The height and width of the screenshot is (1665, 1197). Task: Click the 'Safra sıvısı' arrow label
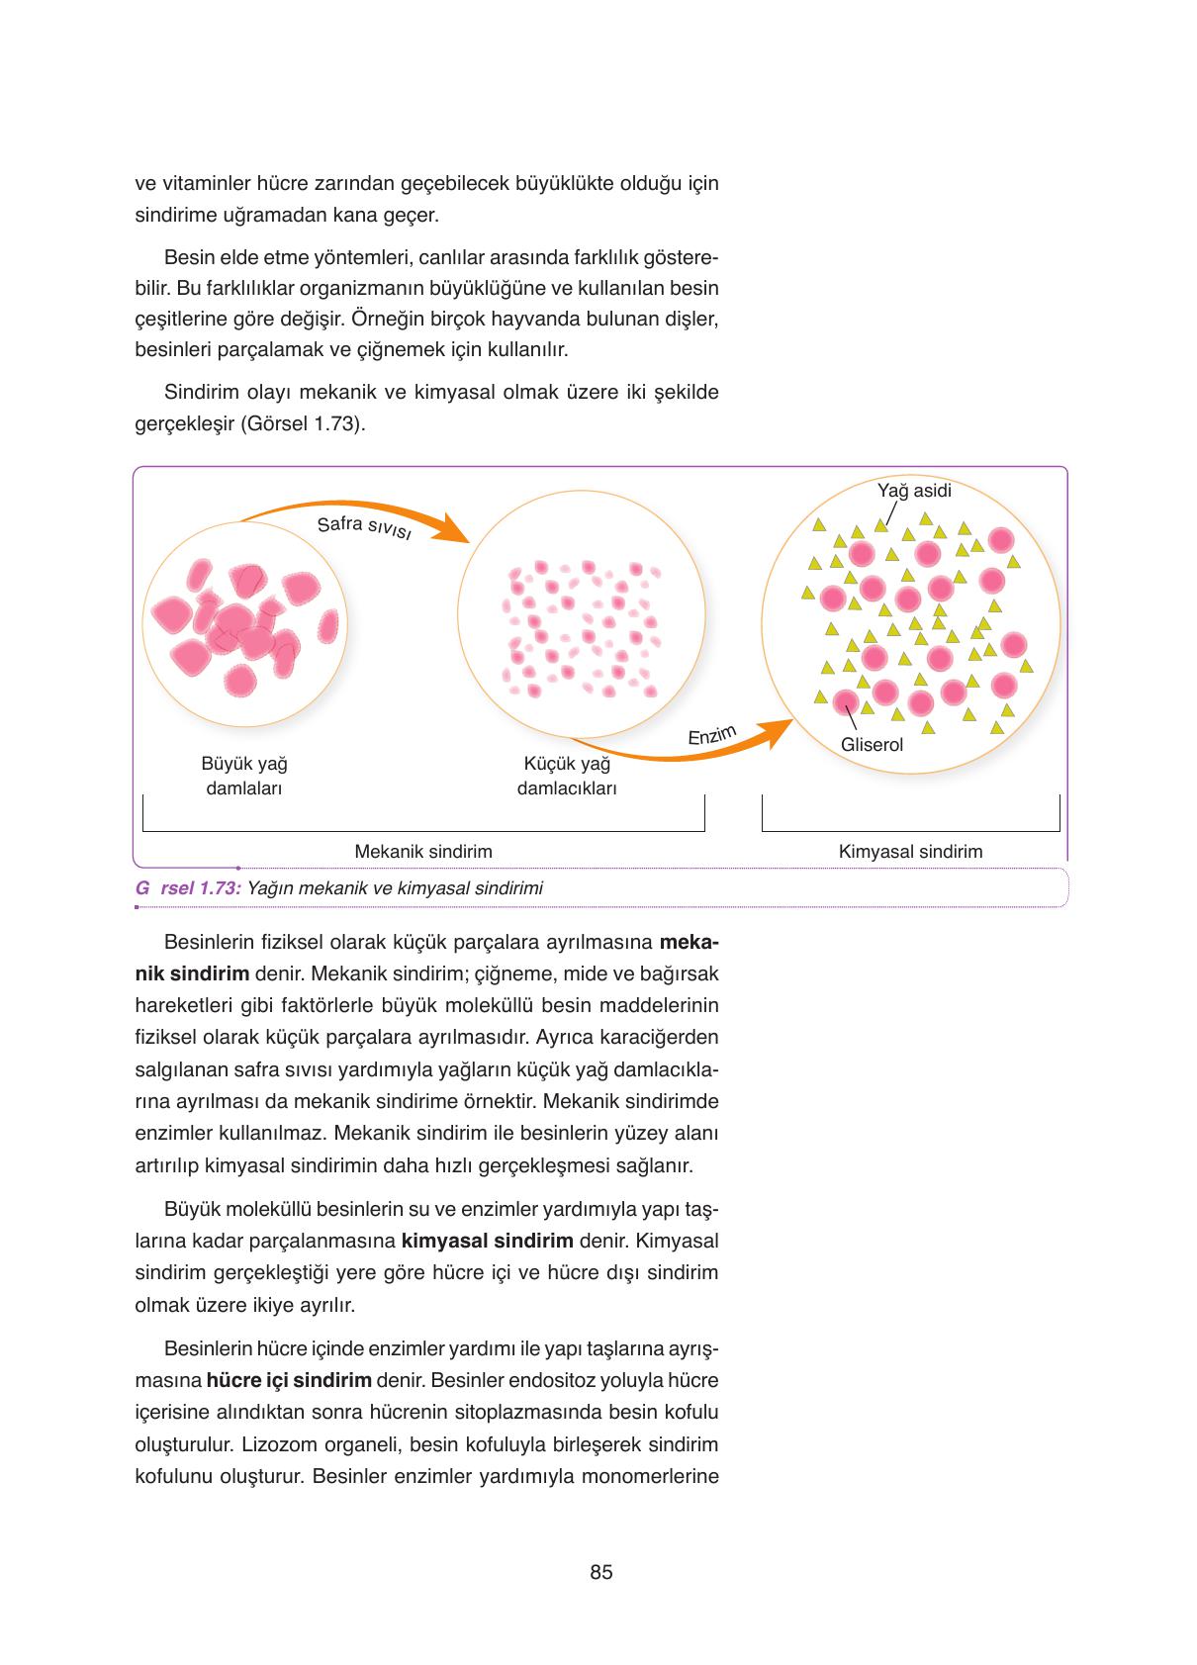(363, 527)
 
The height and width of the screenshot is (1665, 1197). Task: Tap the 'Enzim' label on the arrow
(712, 735)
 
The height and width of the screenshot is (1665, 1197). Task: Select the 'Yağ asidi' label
(914, 491)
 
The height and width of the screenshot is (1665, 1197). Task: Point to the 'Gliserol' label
(872, 745)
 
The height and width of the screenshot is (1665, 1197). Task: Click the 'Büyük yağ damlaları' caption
(244, 776)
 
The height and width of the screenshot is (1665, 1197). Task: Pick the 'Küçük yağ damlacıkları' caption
(567, 776)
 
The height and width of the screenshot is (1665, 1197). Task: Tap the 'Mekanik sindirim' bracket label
(423, 851)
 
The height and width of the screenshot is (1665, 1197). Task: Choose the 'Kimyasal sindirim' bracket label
(910, 851)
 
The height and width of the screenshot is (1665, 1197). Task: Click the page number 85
(600, 1572)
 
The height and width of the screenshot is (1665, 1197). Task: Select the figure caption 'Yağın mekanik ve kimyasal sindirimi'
(395, 887)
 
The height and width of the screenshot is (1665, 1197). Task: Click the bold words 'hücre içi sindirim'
(289, 1380)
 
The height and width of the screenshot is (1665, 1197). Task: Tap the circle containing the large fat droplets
(244, 624)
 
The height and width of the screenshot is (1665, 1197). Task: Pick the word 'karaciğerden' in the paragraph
(661, 1038)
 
